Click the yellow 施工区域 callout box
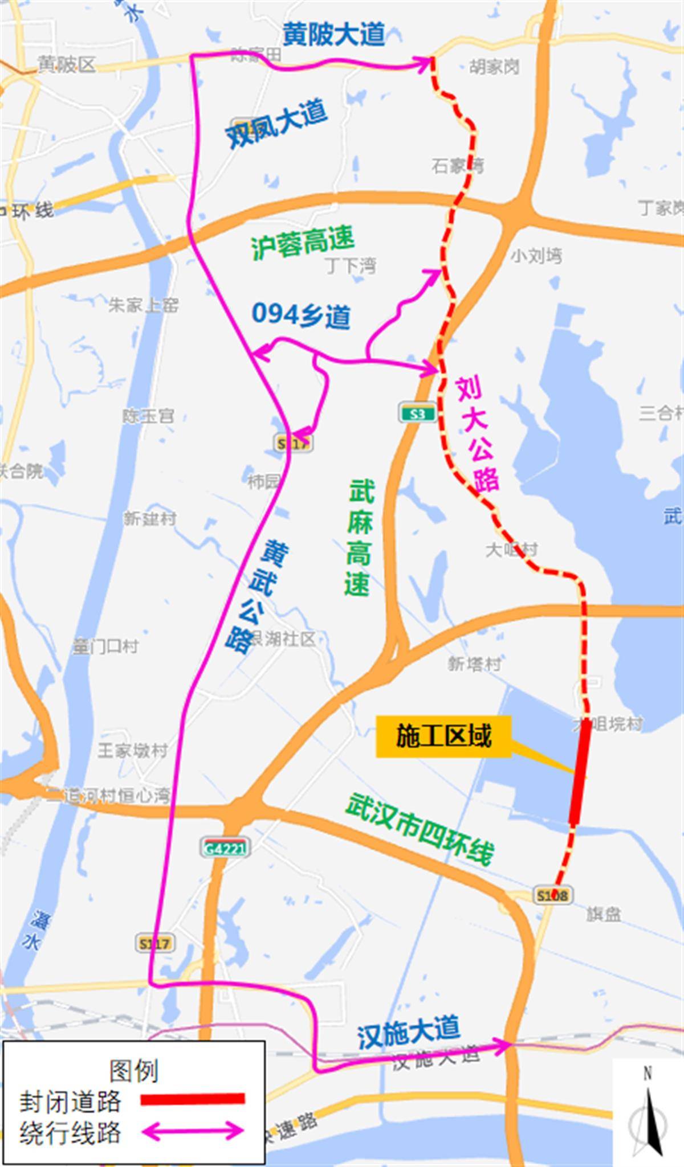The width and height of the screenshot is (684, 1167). tap(443, 736)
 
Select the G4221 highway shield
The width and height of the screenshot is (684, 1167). tap(225, 848)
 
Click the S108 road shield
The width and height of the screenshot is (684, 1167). tap(553, 896)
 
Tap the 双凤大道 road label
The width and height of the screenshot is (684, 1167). tap(276, 123)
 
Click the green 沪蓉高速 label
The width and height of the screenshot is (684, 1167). tap(303, 242)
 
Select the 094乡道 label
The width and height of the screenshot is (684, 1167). tap(301, 315)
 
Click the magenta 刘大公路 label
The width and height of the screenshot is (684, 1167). tap(478, 434)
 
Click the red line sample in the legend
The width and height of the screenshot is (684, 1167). tap(193, 1099)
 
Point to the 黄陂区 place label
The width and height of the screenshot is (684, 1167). tap(67, 64)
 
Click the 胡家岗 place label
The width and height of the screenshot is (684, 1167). tap(494, 67)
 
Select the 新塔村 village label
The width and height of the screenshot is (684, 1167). tap(474, 664)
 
